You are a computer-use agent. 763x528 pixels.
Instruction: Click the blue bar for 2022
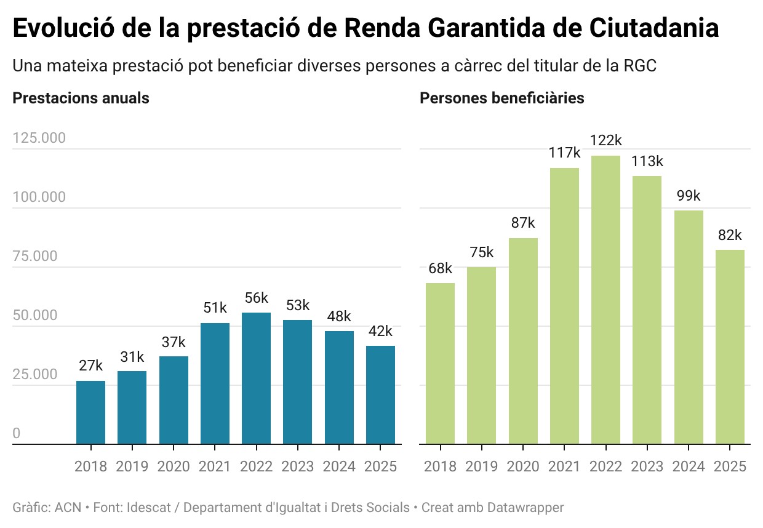256,378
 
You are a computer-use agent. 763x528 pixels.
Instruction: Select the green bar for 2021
564,305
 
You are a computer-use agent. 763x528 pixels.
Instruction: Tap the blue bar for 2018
90,412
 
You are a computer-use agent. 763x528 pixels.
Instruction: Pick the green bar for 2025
730,346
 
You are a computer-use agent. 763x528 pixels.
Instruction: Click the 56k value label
256,298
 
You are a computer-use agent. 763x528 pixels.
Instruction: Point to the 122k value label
605,140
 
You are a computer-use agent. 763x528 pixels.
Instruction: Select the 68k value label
440,268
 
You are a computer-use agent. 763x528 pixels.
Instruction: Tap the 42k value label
380,331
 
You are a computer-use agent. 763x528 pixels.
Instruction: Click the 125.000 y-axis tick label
39,138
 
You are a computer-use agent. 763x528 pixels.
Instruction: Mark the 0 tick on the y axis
16,434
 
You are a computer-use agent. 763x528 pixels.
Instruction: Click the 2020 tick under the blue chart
174,466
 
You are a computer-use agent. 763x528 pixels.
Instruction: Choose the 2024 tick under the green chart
689,466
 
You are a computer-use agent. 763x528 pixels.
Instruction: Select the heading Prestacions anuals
81,98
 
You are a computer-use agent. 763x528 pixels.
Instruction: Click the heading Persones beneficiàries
501,98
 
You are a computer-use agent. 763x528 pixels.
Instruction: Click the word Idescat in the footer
156,508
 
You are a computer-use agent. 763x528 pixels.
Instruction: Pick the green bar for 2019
481,355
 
